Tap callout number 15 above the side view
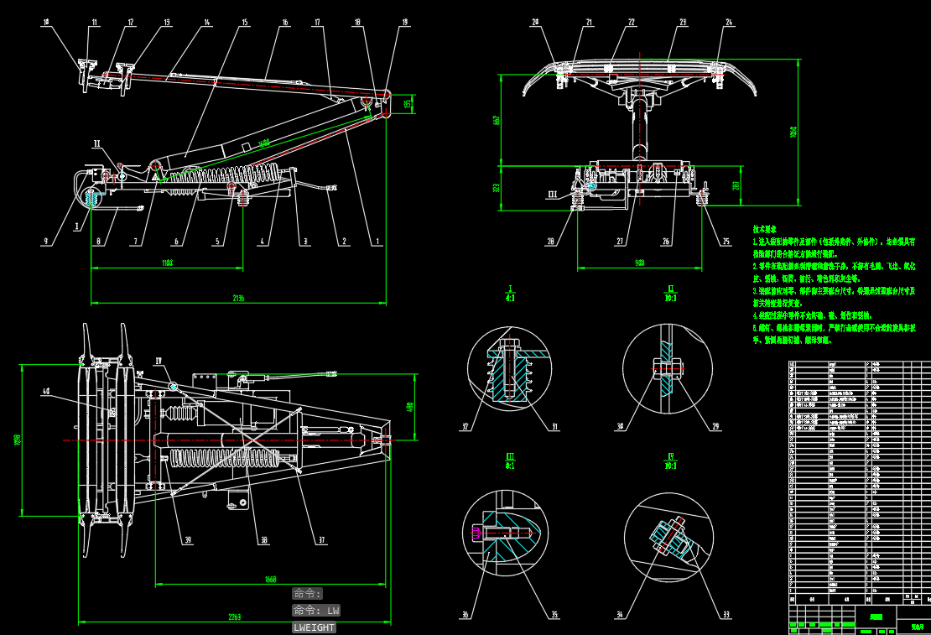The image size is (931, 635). (x=245, y=23)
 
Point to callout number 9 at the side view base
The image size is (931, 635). (x=46, y=242)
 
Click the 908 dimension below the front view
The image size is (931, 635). (x=639, y=263)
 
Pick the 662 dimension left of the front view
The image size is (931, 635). (x=497, y=120)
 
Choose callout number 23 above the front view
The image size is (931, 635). (x=683, y=23)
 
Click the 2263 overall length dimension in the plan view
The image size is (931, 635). (x=235, y=617)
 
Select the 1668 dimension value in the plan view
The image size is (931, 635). (x=270, y=580)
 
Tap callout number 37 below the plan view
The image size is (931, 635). (x=320, y=541)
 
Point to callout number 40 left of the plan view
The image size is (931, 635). (x=45, y=392)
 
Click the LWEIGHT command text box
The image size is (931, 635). (x=314, y=627)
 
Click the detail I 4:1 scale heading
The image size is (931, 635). (x=510, y=293)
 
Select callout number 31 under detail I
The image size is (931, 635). (x=554, y=427)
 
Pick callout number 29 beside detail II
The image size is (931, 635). (x=715, y=427)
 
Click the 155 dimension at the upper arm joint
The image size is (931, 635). (x=408, y=103)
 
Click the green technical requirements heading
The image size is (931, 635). (x=764, y=229)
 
